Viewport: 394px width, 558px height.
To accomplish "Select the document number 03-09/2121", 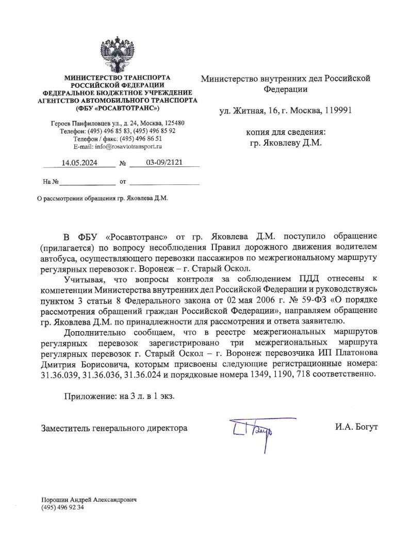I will [164, 163].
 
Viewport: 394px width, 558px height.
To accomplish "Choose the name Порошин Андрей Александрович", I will [91, 500].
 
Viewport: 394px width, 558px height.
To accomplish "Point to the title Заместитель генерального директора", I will [114, 428].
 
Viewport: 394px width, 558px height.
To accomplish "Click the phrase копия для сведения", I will [285, 132].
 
